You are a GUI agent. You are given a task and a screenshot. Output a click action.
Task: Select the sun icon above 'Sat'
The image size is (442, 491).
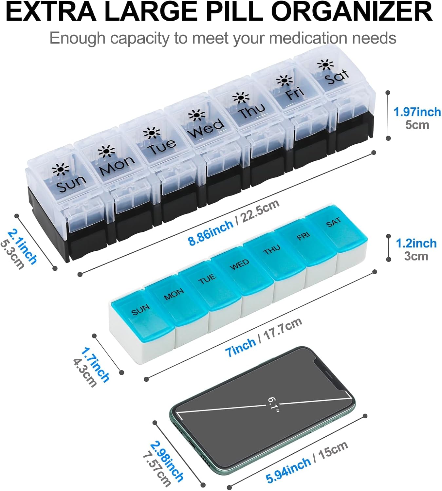[x=326, y=65]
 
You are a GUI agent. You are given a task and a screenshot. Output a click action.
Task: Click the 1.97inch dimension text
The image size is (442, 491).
[x=417, y=112]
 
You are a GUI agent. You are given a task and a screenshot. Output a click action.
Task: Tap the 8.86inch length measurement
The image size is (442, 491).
[x=211, y=232]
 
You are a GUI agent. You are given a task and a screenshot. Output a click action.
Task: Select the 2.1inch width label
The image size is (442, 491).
[x=23, y=246]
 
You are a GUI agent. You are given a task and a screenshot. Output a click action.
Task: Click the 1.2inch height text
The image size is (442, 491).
[x=416, y=244]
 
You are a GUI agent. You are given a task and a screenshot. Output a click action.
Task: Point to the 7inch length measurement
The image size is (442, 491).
[x=240, y=347]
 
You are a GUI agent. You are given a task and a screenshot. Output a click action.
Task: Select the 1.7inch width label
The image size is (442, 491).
[x=95, y=365]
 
